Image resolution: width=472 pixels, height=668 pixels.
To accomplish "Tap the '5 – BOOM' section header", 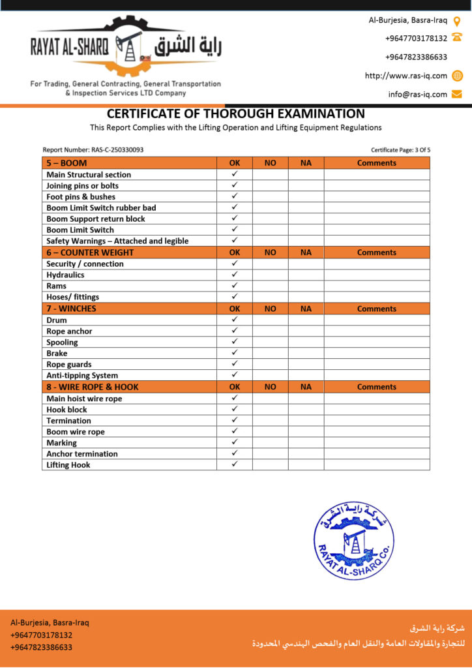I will tap(66, 163).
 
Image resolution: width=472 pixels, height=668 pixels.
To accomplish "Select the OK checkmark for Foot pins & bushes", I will tap(235, 196).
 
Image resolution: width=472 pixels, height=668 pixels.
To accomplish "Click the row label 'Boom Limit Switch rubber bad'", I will tap(101, 207).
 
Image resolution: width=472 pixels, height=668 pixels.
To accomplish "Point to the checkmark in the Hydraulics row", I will tap(235, 275).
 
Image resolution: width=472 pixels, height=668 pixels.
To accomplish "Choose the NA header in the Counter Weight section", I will tap(306, 252).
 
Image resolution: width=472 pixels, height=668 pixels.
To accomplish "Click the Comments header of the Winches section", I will tap(376, 309).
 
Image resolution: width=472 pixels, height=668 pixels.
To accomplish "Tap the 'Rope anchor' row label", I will tap(69, 331).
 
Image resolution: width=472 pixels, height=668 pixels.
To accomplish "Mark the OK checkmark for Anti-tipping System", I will tap(235, 374).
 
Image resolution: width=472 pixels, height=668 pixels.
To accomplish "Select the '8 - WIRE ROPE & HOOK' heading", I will tap(93, 387).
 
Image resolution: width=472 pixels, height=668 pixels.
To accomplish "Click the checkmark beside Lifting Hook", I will tap(235, 464).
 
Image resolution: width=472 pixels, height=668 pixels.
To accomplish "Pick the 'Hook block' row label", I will tap(66, 410).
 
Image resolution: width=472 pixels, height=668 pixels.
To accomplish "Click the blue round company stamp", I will tap(354, 540).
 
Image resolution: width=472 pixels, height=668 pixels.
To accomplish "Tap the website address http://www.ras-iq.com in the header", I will tap(406, 76).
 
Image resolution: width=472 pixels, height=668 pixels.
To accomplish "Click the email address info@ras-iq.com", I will tap(418, 95).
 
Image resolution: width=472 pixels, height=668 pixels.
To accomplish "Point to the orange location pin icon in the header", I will tap(457, 20).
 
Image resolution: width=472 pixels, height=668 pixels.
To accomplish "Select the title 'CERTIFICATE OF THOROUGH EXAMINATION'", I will tap(236, 114).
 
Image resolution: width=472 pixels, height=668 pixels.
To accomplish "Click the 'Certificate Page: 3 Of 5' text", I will tap(400, 150).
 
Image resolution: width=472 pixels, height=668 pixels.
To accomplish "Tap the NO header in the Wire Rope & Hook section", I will tap(270, 387).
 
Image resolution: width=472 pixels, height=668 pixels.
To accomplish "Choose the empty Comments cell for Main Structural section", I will tap(376, 174).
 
